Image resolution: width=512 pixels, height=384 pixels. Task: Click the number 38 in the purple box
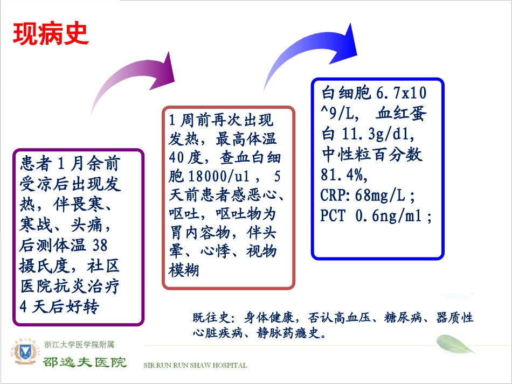point(100,245)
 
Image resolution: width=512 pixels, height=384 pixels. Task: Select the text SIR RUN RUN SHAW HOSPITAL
point(195,365)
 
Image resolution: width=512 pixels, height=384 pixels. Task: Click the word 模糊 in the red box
point(184,270)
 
